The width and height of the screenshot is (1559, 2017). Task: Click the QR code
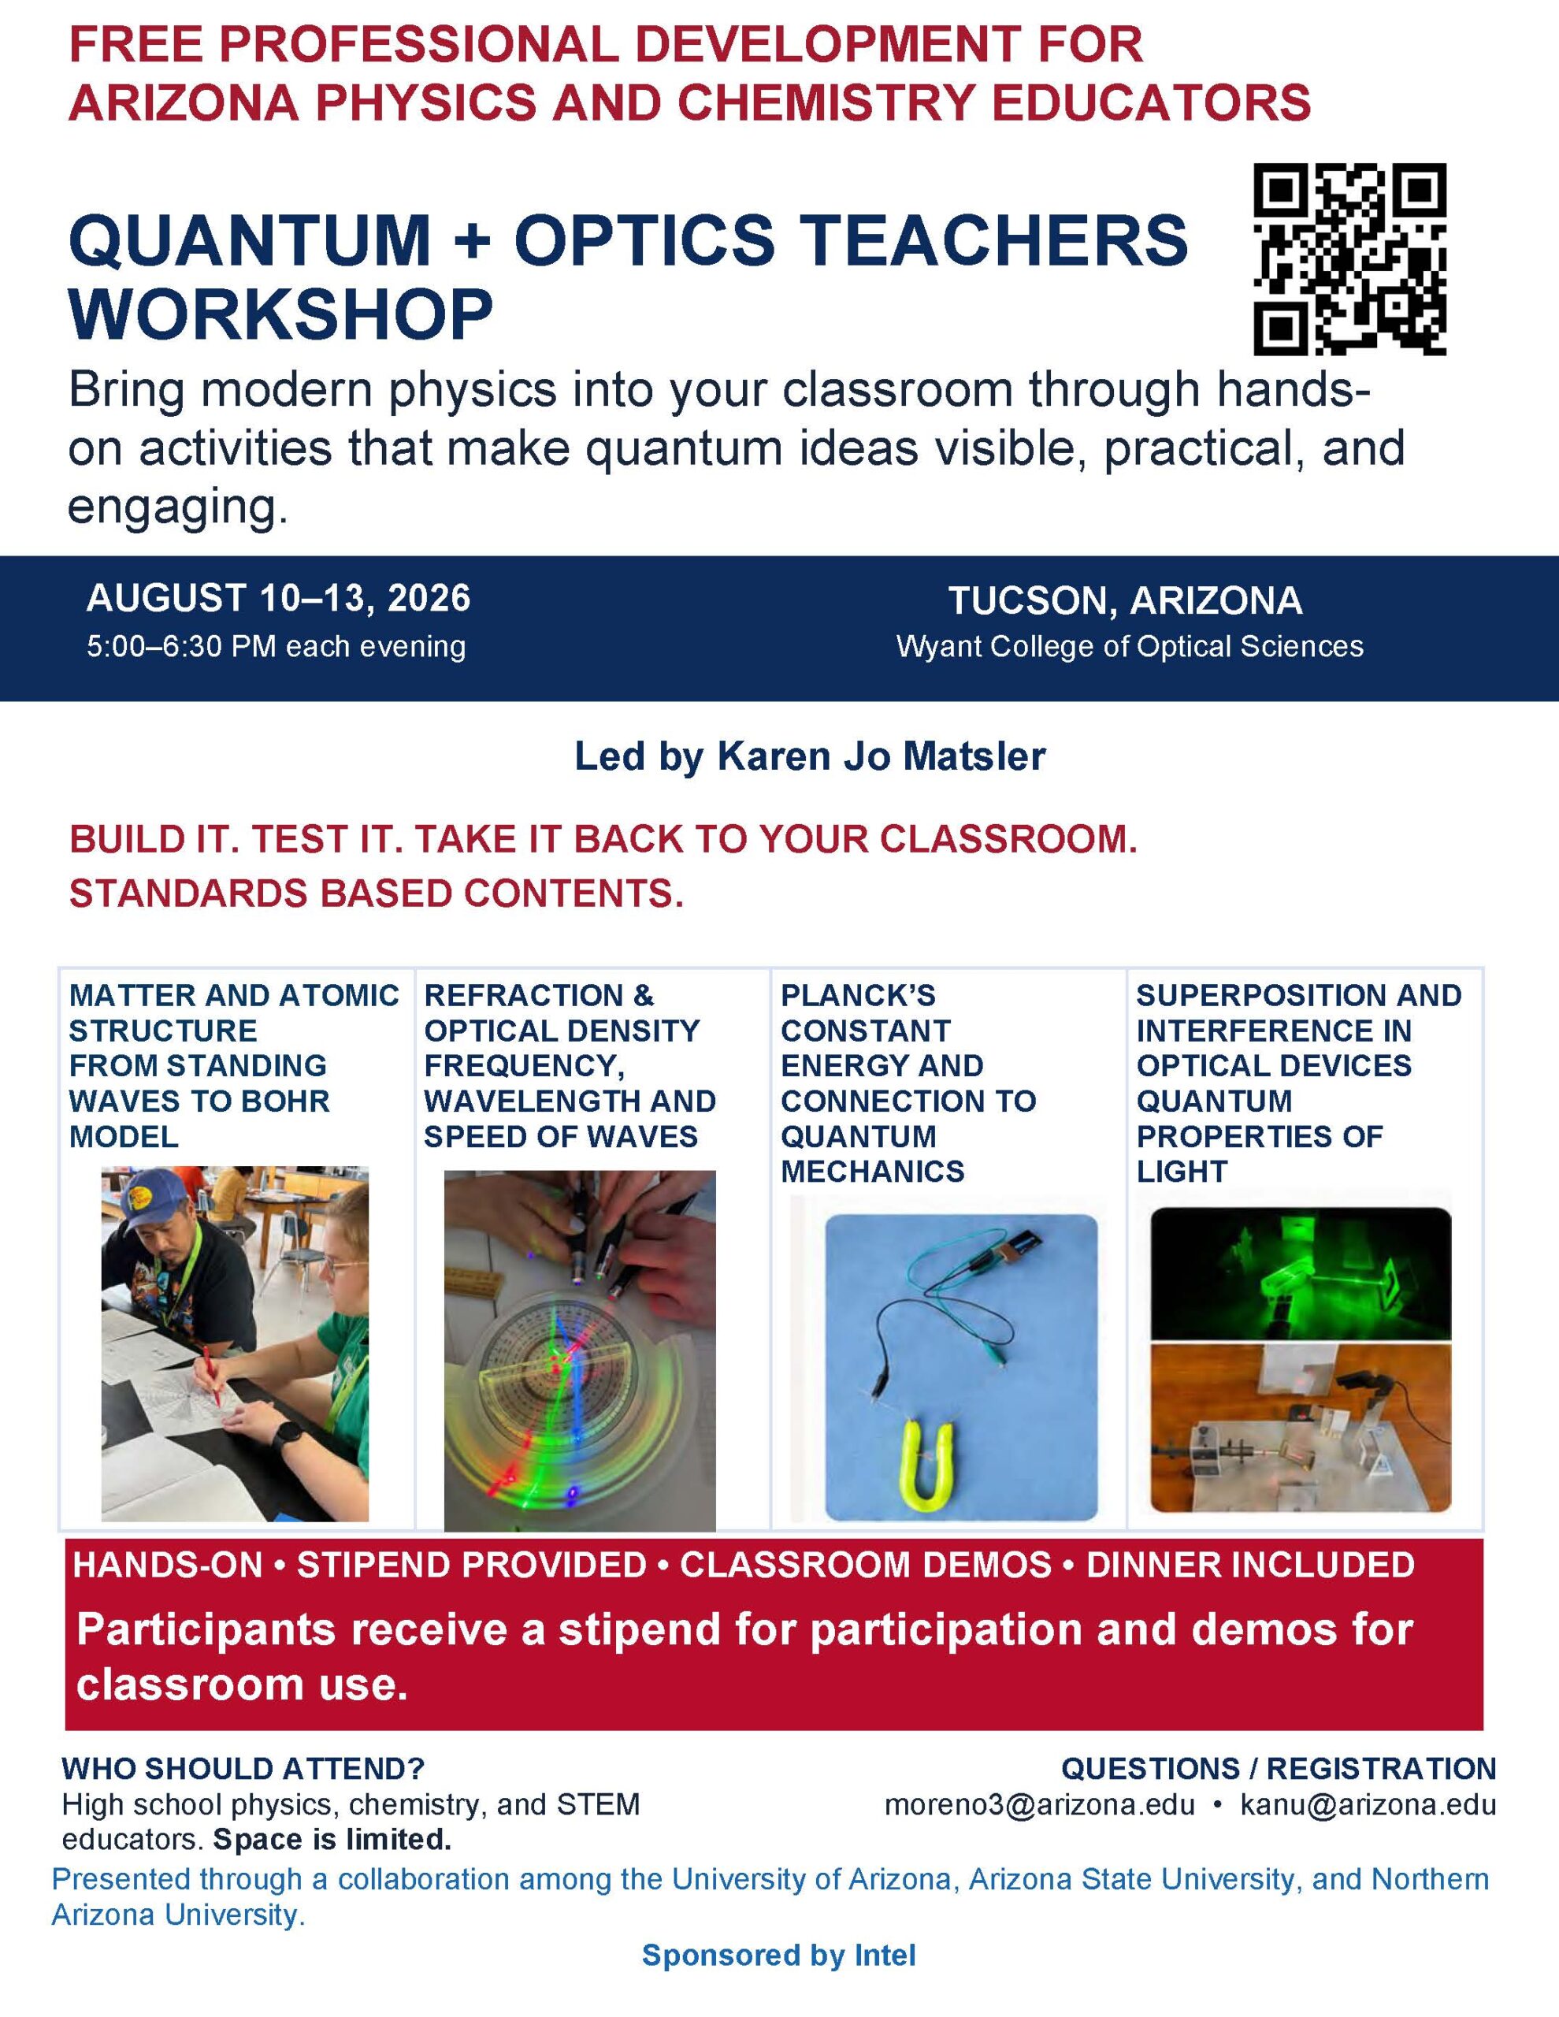[x=1349, y=258]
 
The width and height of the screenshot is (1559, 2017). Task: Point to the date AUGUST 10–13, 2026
[x=278, y=599]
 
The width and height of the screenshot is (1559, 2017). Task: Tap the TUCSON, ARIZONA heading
[x=1125, y=600]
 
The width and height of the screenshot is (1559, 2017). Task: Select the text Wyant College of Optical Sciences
[x=1130, y=647]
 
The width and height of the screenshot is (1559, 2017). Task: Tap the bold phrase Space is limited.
[x=332, y=1840]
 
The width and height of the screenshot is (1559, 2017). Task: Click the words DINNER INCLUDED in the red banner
[x=1250, y=1565]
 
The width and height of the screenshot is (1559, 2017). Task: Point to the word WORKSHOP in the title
[x=280, y=314]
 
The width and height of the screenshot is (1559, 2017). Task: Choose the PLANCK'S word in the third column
[x=858, y=996]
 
